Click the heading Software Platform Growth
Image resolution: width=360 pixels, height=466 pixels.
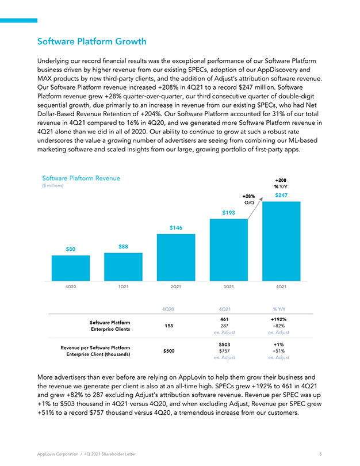(92, 41)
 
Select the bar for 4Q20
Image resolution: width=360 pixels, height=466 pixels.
(71, 268)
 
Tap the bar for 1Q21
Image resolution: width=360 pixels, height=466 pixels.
(123, 267)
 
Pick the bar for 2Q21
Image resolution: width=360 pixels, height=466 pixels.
(176, 257)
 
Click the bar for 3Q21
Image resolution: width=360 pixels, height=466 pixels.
(229, 250)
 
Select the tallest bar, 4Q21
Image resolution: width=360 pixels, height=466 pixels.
(281, 241)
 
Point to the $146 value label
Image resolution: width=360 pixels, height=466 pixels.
(176, 228)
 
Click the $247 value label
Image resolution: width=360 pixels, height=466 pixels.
(281, 195)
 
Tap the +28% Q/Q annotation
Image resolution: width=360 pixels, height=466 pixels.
(249, 200)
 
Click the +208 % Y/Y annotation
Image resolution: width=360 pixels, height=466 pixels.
(281, 184)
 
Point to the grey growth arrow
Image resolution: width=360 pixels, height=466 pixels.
(255, 208)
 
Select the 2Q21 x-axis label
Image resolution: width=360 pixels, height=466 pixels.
(176, 287)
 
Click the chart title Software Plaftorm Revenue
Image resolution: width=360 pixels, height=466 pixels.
(81, 178)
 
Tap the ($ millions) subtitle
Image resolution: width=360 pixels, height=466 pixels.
(52, 186)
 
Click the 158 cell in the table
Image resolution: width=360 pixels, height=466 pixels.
(168, 326)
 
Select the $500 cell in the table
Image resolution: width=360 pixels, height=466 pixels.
(168, 351)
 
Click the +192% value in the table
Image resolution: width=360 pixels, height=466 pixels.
(278, 319)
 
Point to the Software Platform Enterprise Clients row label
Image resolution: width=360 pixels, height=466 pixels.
(110, 326)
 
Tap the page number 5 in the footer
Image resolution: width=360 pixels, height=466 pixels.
(320, 454)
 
